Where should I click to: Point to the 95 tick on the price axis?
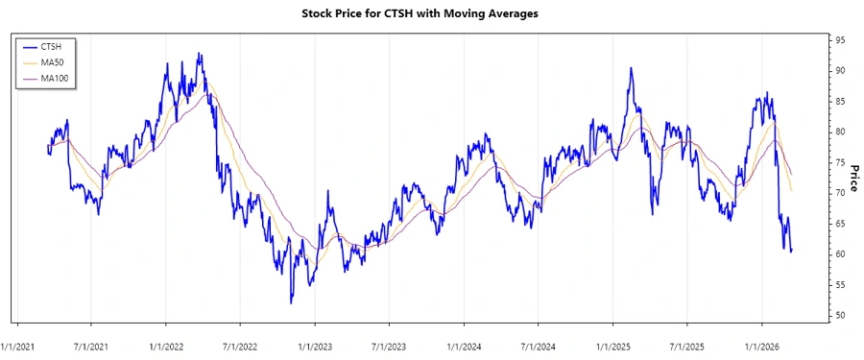point(840,40)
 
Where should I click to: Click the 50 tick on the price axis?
point(840,316)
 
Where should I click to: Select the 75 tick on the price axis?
point(840,162)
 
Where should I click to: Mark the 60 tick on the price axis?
point(840,254)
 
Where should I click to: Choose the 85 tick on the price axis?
point(840,102)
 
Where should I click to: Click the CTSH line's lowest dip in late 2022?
point(291,302)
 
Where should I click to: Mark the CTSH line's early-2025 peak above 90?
point(631,68)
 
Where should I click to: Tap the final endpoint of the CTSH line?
point(791,251)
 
